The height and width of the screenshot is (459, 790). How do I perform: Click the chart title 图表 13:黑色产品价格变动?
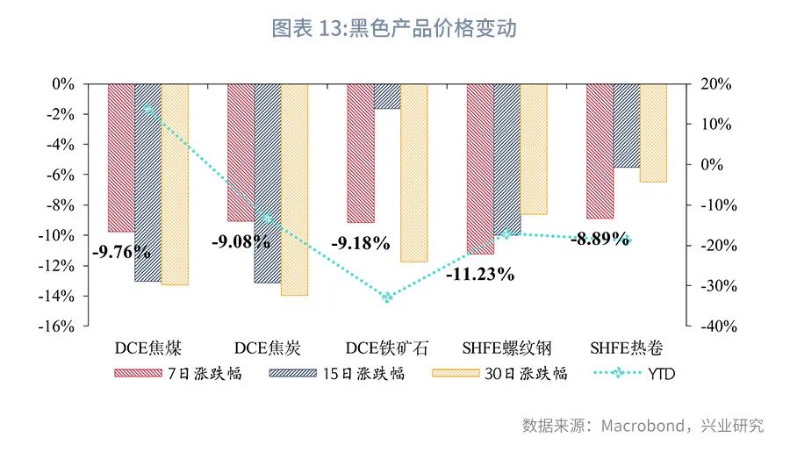(x=394, y=28)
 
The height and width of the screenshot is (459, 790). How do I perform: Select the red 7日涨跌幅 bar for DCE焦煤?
(x=121, y=158)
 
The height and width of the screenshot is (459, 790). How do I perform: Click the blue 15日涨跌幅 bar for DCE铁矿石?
(x=387, y=97)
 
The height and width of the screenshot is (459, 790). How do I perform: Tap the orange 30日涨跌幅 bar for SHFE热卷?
(x=653, y=133)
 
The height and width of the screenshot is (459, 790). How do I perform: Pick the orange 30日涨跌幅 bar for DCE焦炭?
(x=295, y=189)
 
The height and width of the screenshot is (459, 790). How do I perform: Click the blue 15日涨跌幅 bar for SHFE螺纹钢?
(x=506, y=158)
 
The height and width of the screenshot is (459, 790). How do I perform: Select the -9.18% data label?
(x=360, y=244)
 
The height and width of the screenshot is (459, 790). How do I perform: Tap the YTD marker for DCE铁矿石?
(x=387, y=298)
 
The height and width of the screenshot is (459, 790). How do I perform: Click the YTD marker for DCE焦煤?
(x=148, y=110)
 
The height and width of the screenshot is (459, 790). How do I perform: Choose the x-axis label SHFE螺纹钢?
(x=506, y=348)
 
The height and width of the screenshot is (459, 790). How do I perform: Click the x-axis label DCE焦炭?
(x=268, y=348)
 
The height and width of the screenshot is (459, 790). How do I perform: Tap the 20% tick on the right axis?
(x=715, y=84)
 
